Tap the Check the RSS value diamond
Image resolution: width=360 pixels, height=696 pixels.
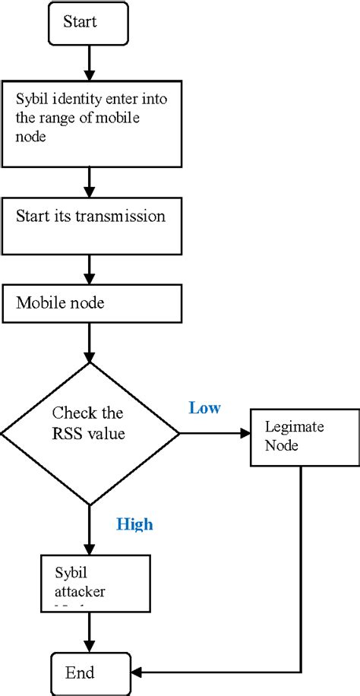click(90, 434)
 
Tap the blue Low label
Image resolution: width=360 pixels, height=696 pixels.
click(204, 409)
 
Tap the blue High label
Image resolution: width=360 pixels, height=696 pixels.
click(134, 524)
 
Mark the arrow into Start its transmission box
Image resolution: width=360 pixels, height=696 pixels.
click(90, 182)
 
